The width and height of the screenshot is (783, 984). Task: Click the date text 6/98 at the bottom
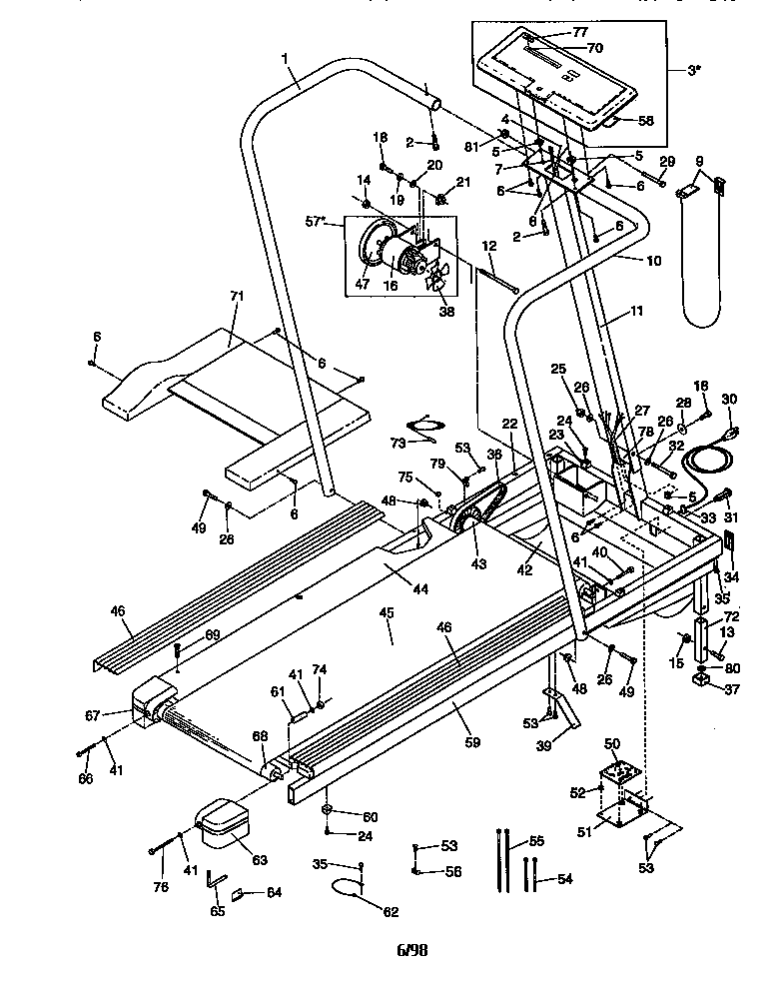(x=411, y=950)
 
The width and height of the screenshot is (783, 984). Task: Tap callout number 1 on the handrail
(x=287, y=59)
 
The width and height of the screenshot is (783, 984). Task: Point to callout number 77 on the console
(x=580, y=32)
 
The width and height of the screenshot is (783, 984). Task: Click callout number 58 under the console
(x=645, y=121)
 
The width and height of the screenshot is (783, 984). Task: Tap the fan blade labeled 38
(x=435, y=283)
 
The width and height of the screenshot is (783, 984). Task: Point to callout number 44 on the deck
(x=419, y=589)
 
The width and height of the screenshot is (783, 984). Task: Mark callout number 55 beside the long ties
(x=536, y=843)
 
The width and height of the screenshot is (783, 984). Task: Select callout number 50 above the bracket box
(x=613, y=744)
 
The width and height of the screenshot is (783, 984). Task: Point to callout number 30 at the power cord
(x=728, y=400)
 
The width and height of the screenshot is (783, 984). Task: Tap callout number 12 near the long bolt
(x=489, y=246)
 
